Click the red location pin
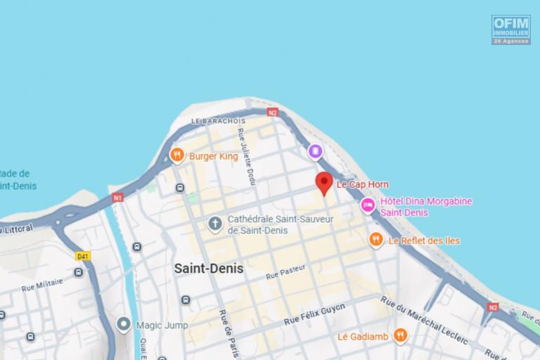click(323, 181)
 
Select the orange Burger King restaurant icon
click(177, 155)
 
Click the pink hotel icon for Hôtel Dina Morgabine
click(367, 205)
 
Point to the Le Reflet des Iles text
click(424, 240)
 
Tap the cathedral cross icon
click(215, 224)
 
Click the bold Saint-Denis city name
click(208, 269)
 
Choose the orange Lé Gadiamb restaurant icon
click(400, 335)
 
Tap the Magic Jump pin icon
click(124, 324)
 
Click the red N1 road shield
click(117, 198)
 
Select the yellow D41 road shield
click(83, 256)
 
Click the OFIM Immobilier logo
click(510, 30)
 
